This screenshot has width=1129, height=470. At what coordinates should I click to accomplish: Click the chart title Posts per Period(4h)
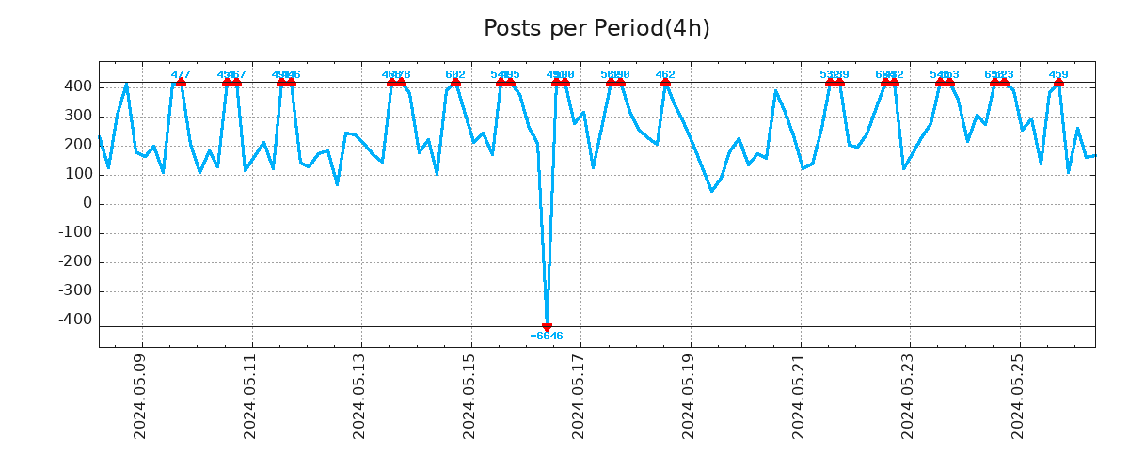596,28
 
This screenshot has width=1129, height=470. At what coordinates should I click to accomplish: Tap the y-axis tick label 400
79,86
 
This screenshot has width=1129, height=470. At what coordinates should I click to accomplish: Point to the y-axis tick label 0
87,204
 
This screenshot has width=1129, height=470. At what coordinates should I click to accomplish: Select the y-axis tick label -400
75,321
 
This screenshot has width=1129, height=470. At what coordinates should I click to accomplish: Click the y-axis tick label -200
75,262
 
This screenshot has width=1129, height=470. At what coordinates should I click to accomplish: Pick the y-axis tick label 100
79,175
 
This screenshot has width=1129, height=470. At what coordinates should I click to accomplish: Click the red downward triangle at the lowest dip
547,327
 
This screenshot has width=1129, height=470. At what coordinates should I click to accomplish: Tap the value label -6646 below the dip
547,337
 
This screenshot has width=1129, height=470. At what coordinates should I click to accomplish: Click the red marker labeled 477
181,82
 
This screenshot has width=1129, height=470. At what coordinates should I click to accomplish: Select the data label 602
455,74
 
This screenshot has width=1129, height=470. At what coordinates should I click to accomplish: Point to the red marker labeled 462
665,82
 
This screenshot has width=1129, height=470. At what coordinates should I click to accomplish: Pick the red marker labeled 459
1058,82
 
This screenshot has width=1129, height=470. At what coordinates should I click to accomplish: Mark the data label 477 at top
181,74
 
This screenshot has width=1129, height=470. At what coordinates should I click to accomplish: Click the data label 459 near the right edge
1058,74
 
